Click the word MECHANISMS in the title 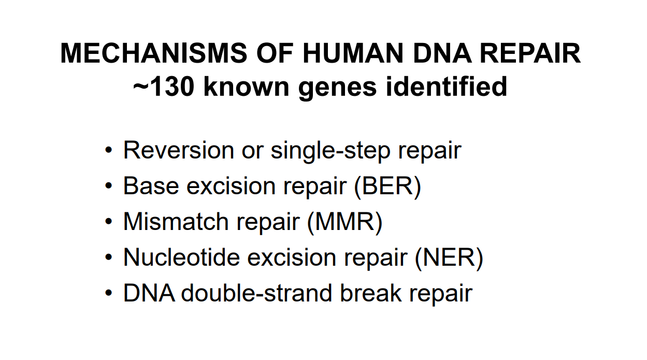[x=154, y=53]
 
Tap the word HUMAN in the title [x=353, y=53]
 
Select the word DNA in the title [x=442, y=53]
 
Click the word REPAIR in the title [x=530, y=53]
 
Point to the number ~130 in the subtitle [x=163, y=87]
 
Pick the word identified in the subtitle [x=447, y=86]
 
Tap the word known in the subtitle [x=246, y=87]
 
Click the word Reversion [x=179, y=150]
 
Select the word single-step [x=330, y=152]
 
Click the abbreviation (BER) [x=387, y=186]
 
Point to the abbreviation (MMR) [x=345, y=222]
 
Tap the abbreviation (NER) [x=449, y=258]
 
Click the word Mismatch [x=176, y=222]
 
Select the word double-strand [x=256, y=293]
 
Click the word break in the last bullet [x=371, y=293]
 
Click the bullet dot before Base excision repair [x=108, y=185]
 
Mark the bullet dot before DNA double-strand [x=108, y=293]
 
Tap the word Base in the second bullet [x=151, y=186]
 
